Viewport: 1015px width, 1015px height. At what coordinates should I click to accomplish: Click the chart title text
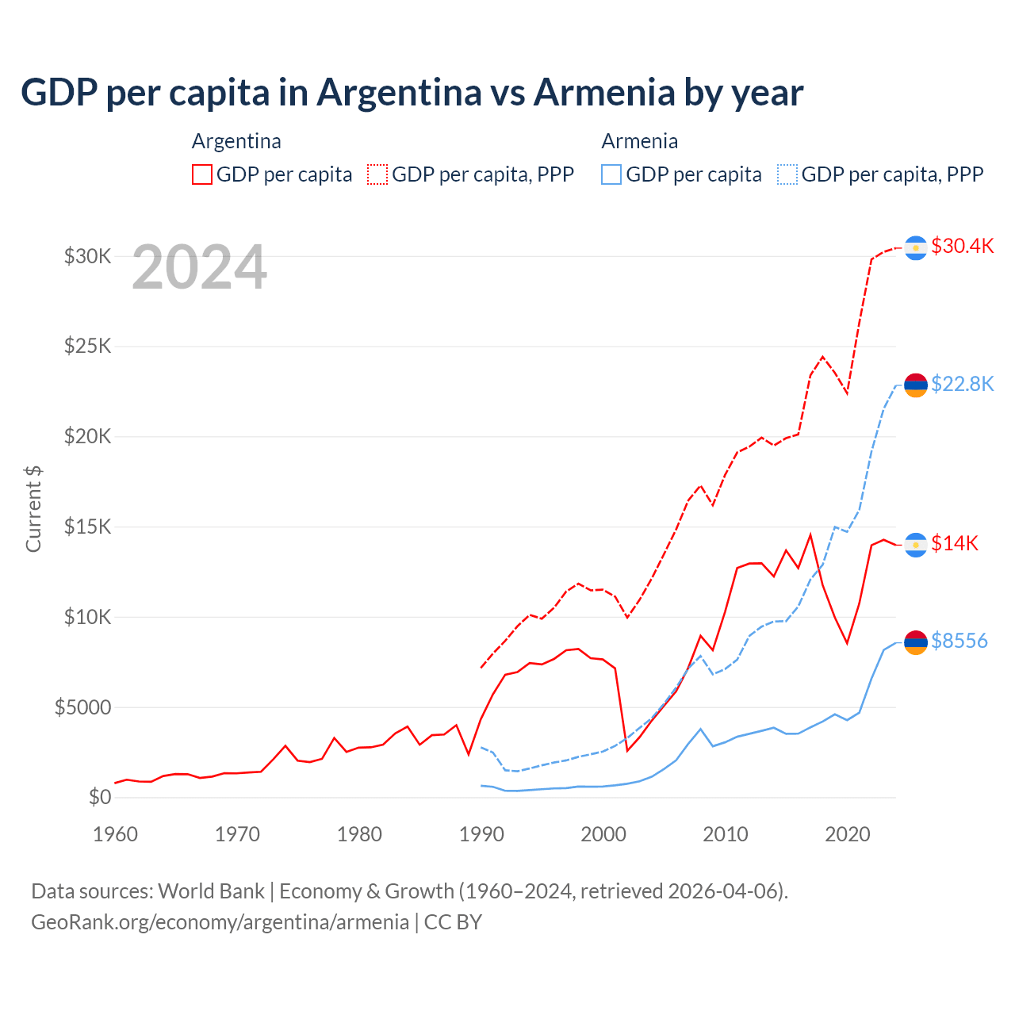pos(412,93)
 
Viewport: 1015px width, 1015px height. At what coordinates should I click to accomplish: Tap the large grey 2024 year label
pos(199,267)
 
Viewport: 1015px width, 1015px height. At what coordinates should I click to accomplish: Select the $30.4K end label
pos(962,246)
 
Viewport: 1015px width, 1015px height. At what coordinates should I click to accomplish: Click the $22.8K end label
pos(962,384)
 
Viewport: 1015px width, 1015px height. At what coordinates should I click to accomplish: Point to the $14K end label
pos(954,543)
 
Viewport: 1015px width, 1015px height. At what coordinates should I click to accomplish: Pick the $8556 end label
pos(959,641)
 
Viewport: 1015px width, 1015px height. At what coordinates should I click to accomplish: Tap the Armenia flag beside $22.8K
pos(916,385)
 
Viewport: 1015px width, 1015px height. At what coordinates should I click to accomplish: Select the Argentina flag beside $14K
pos(916,545)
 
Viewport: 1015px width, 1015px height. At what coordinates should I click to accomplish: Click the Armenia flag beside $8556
pos(916,642)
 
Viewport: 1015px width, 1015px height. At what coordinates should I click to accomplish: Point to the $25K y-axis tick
pos(88,347)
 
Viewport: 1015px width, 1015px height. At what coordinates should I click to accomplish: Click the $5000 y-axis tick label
pos(82,707)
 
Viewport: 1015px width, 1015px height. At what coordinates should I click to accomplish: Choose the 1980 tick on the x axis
pos(359,834)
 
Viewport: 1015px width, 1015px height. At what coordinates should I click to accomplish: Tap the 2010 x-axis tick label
pos(726,834)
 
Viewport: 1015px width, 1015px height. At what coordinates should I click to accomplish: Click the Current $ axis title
pos(33,508)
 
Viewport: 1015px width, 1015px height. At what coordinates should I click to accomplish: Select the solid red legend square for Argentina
pos(202,174)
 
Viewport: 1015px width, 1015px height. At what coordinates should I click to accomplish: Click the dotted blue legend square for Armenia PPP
pos(787,174)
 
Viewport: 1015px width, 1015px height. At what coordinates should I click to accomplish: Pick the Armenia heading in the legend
pos(639,141)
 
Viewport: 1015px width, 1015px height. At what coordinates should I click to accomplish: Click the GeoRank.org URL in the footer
pos(220,922)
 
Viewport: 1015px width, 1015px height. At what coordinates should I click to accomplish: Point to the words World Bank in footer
pos(211,891)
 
